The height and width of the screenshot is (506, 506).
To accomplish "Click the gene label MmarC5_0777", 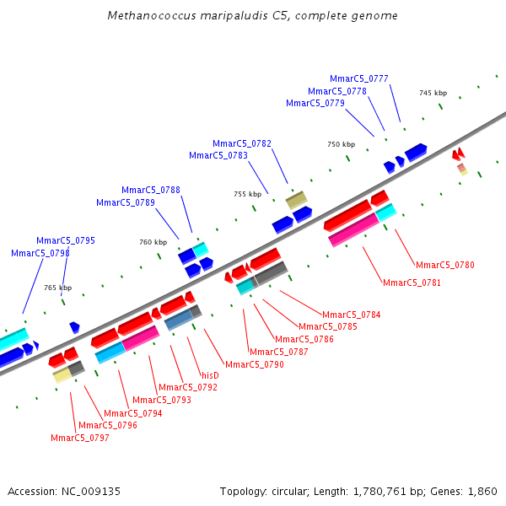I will click(x=359, y=78).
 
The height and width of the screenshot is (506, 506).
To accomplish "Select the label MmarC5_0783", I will click(x=218, y=155).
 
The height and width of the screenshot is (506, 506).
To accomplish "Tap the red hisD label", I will click(x=210, y=375).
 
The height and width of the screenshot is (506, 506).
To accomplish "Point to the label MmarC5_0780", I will click(x=445, y=265).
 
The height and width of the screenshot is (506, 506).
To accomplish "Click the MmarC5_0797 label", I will click(x=80, y=438).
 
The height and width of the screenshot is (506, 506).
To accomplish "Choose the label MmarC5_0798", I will click(x=40, y=253).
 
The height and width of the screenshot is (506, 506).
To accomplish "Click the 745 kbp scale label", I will click(x=433, y=93).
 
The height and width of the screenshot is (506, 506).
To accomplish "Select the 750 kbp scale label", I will click(x=341, y=144).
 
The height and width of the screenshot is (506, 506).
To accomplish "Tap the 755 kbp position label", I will click(x=247, y=194).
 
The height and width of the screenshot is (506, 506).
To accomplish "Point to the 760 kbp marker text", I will click(x=153, y=242).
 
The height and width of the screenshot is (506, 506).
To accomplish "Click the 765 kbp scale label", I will click(x=57, y=288).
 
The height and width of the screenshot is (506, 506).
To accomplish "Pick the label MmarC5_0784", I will click(x=352, y=315).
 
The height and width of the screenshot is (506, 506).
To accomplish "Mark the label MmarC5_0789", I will click(x=126, y=202).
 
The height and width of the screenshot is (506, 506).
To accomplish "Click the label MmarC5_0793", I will click(x=162, y=400).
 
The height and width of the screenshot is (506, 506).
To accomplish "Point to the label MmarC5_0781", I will click(x=412, y=283).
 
